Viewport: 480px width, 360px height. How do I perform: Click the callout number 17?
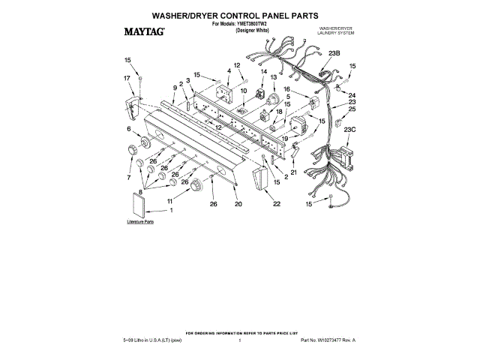(x=127, y=77)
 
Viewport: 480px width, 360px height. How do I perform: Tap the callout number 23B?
(x=334, y=52)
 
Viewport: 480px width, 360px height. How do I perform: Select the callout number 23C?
(x=349, y=130)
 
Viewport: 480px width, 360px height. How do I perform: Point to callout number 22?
(x=277, y=204)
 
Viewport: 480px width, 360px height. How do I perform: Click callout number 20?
(x=238, y=204)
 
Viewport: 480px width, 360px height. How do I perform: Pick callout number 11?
(x=170, y=201)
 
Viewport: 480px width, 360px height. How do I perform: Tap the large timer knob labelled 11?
(x=195, y=185)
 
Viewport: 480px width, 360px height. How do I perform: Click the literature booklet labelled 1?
(x=139, y=202)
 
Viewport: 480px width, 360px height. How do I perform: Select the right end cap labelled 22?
(x=262, y=180)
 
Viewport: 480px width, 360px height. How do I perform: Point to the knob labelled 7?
(x=136, y=165)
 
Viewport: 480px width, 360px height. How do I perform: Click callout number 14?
(x=263, y=72)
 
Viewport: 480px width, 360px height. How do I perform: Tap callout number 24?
(x=352, y=95)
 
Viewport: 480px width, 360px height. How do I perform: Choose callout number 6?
(x=129, y=129)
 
